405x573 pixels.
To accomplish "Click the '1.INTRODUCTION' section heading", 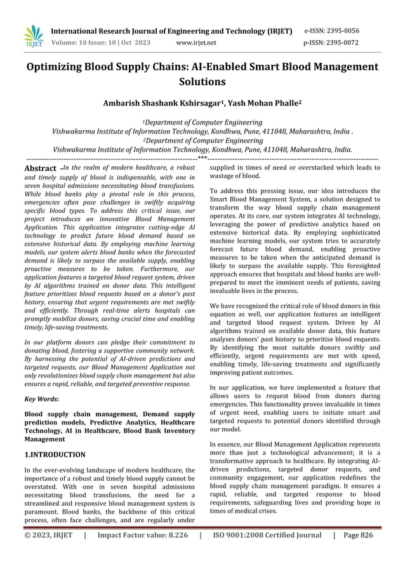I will [x=55, y=454].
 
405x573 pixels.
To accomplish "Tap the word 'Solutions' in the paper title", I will [x=202, y=81].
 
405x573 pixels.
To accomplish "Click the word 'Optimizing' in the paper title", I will [x=60, y=67].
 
